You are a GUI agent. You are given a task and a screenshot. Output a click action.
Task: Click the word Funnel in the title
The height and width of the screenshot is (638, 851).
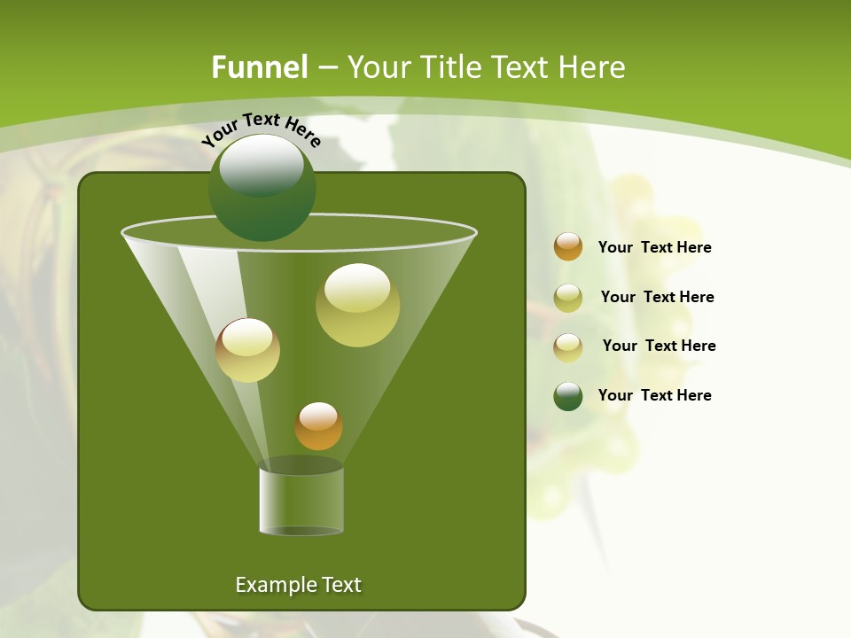(260, 67)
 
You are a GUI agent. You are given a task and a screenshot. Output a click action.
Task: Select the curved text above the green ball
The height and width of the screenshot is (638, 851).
(262, 128)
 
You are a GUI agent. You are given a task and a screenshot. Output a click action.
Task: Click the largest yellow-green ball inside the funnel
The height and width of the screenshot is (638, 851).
(357, 305)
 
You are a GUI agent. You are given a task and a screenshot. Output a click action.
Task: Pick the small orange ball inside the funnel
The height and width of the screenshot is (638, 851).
(318, 426)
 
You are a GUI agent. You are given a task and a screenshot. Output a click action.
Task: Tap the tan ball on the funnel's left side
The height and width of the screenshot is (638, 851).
(247, 350)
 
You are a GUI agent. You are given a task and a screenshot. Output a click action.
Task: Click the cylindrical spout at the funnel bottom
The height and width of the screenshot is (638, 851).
(301, 501)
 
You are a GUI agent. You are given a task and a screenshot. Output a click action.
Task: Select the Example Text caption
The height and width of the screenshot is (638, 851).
(298, 585)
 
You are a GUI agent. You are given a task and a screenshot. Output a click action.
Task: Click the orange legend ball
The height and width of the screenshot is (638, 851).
(568, 247)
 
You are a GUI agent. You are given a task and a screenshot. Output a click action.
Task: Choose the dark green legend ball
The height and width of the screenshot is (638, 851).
(568, 396)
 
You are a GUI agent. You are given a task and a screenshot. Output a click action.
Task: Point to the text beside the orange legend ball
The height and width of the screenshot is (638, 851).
(654, 247)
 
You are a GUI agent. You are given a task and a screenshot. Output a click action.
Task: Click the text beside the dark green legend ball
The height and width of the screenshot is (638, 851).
(654, 395)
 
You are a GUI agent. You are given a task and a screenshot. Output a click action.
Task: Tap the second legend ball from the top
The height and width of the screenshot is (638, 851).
(568, 298)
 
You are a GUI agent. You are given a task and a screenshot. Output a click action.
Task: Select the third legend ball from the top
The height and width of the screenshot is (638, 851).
(568, 346)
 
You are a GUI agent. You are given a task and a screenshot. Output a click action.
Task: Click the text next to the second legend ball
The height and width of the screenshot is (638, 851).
(657, 297)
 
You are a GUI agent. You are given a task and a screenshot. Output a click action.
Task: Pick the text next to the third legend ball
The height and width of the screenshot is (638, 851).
(659, 346)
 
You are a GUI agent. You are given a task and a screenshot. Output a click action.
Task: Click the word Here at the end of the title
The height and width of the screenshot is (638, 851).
(594, 67)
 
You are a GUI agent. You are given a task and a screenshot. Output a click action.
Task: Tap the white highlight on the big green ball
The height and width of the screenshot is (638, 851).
(262, 166)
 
